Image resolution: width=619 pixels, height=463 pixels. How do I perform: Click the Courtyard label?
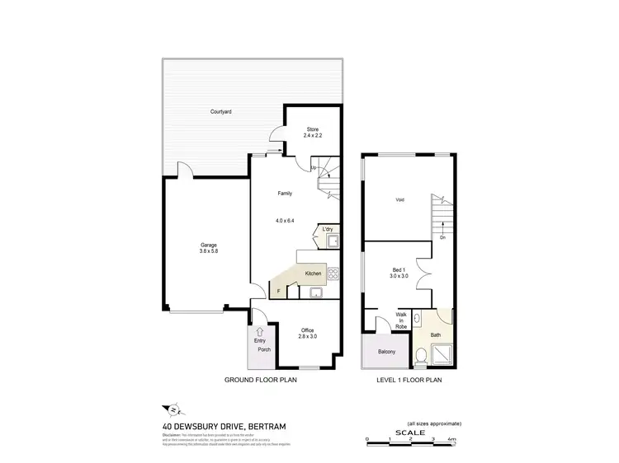(220, 110)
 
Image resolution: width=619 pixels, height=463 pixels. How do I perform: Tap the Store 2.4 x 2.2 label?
(312, 132)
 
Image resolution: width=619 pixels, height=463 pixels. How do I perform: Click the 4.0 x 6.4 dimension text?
(285, 221)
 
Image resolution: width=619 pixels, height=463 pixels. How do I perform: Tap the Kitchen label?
(313, 273)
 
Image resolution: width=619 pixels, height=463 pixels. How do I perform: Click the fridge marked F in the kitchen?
(279, 291)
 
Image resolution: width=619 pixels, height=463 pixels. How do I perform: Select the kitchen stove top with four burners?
(333, 274)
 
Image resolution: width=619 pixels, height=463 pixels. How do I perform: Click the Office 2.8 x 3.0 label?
(306, 333)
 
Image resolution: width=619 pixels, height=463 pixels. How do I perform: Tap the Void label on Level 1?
(399, 199)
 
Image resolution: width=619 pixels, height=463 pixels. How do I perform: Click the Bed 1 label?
(399, 274)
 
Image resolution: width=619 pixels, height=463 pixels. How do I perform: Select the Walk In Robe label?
(400, 320)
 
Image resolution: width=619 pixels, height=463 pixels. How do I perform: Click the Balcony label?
(386, 352)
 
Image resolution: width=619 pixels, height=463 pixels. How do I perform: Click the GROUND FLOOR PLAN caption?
(261, 381)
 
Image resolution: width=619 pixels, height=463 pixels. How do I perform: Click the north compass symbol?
(174, 409)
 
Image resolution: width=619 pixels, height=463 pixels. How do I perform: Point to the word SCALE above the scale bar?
(409, 433)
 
